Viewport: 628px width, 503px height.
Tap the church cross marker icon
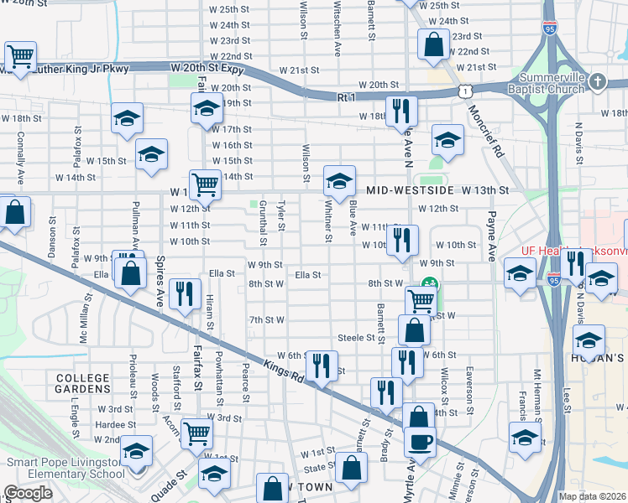tap(597, 81)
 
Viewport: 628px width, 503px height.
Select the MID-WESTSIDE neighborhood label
tap(411, 190)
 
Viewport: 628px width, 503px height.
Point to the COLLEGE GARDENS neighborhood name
tap(83, 383)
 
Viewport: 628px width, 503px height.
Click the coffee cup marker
tap(420, 441)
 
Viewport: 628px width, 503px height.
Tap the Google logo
tap(29, 493)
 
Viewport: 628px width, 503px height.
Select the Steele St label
tap(355, 338)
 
